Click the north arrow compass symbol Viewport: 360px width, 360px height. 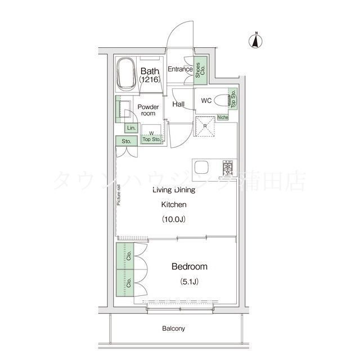(254, 40)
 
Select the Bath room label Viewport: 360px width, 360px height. (150, 75)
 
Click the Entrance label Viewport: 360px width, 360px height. (180, 70)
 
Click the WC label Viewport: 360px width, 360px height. (206, 102)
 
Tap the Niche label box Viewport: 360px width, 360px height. (222, 118)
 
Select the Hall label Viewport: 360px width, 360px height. (179, 104)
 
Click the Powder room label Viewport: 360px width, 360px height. (148, 110)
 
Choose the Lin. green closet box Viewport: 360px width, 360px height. (130, 128)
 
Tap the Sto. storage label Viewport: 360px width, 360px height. (126, 141)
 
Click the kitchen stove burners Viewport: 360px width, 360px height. (228, 168)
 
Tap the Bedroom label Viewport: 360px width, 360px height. (190, 267)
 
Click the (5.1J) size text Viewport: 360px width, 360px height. (189, 281)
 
